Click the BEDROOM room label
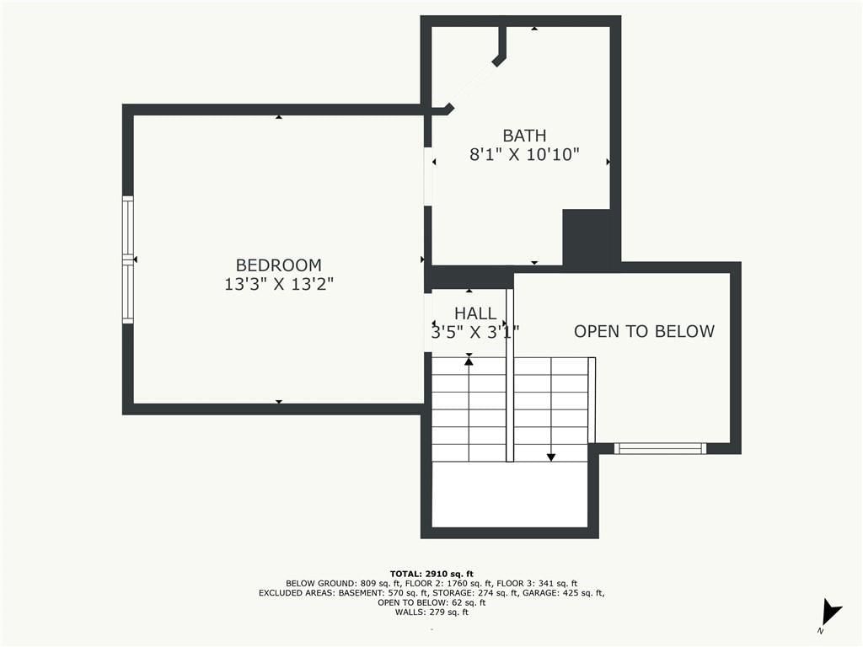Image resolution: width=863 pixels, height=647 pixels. point(278,265)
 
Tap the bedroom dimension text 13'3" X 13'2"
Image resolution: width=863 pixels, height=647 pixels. point(279,285)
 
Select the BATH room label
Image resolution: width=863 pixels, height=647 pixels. point(524,136)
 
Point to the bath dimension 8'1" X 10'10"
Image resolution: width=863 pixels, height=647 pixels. point(524,155)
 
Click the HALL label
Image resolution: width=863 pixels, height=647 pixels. point(475,313)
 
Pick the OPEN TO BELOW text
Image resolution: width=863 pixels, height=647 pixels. point(645,331)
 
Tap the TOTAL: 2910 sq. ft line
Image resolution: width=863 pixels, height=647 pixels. point(431,574)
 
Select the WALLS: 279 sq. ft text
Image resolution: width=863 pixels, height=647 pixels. point(431,612)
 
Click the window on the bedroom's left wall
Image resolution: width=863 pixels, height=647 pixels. point(128,259)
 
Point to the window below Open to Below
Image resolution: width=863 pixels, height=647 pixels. point(660,448)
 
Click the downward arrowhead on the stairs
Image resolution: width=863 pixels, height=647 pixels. point(551,457)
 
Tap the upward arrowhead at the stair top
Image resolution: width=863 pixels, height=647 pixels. point(469,361)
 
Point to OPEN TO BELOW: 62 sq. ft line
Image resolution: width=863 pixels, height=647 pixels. point(431,602)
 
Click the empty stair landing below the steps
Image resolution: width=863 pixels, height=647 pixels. point(510,494)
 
